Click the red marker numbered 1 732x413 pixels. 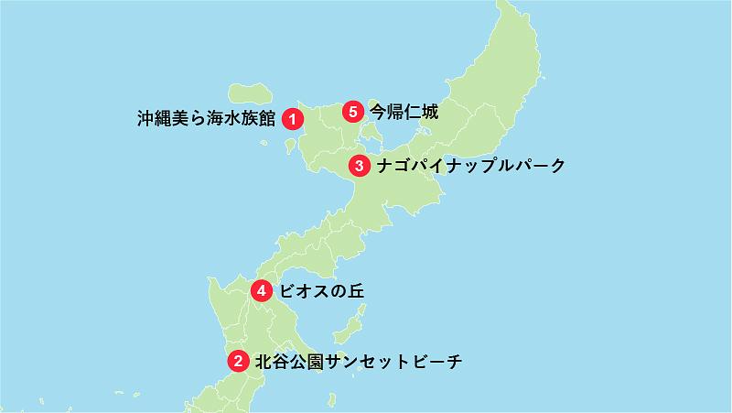point(292,117)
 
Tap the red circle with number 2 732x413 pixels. point(238,362)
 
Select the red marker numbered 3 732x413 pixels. point(360,167)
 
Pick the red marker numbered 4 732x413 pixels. point(262,291)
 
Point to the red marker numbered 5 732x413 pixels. point(353,113)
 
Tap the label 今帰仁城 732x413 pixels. point(404,113)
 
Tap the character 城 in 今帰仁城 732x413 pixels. point(429,113)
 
